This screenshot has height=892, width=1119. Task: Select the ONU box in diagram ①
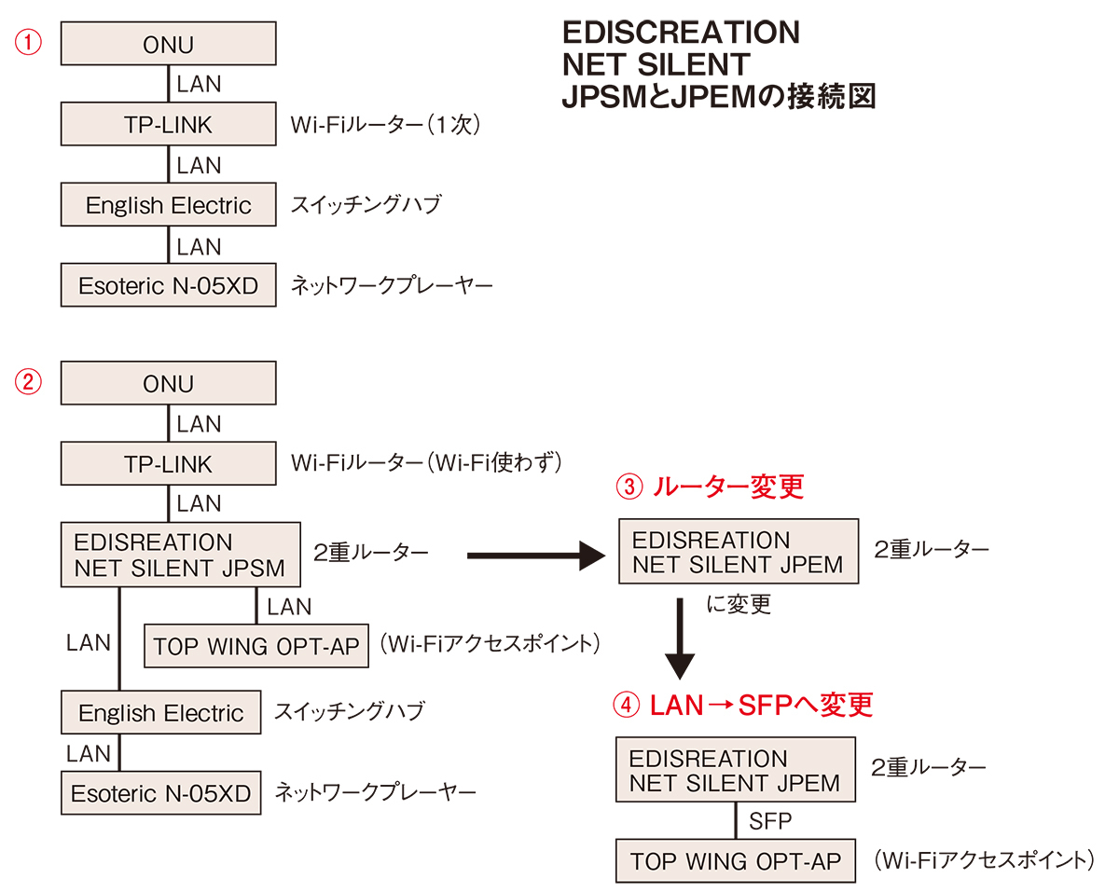[169, 44]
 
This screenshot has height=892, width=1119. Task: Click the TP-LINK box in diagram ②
[169, 463]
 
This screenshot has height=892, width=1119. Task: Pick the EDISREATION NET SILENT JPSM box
[181, 555]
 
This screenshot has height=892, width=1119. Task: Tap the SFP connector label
[770, 821]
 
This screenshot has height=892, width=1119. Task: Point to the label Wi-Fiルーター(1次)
[385, 124]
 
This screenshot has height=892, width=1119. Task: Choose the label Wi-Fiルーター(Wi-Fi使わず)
[425, 463]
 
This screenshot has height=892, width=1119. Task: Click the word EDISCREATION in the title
[681, 33]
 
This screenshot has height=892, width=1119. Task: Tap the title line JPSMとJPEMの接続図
[718, 96]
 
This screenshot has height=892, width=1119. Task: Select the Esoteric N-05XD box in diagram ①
[169, 285]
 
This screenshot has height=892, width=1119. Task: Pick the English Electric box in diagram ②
[160, 713]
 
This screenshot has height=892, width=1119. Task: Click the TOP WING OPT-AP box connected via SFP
[736, 861]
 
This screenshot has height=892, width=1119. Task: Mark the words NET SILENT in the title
[656, 64]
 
